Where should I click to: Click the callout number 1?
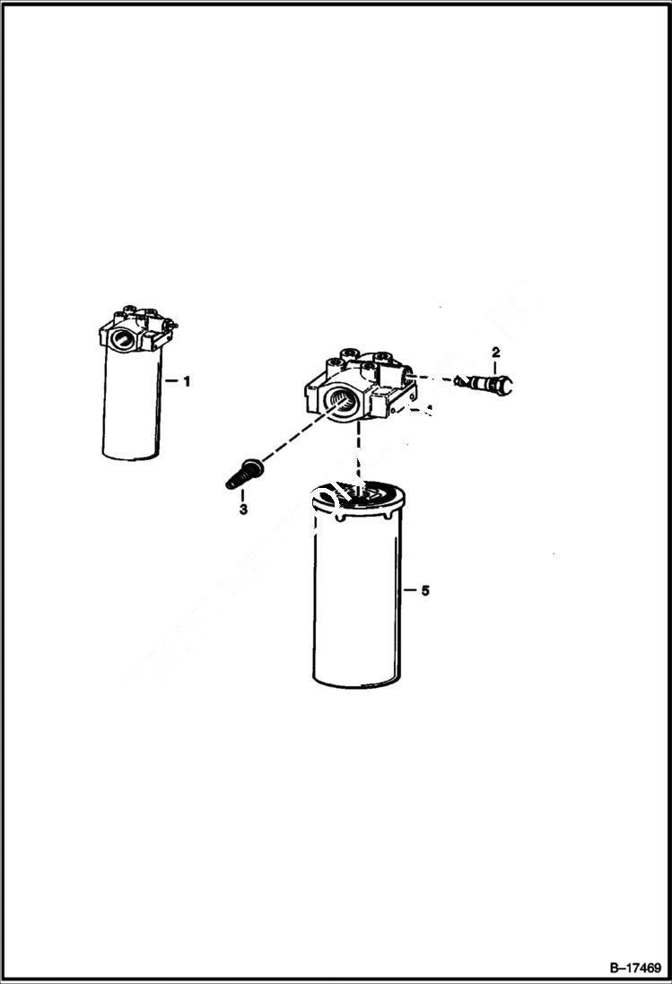[x=187, y=381]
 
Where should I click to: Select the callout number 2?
[x=494, y=351]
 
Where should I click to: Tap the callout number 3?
[x=242, y=509]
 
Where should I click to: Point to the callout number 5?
[x=425, y=590]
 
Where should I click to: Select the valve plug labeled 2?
[x=488, y=383]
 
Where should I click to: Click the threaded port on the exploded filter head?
[x=341, y=404]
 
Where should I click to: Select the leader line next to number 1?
[x=172, y=381]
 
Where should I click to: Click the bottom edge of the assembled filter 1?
[x=132, y=457]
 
